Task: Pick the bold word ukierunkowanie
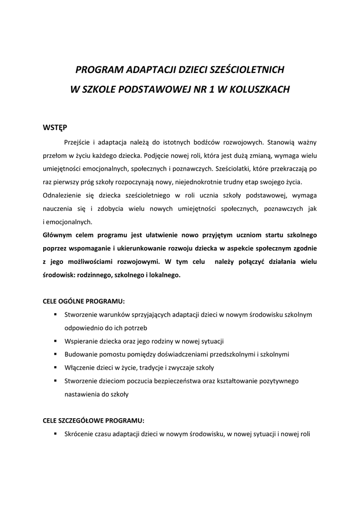tap(138, 248)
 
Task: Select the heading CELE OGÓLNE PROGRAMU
tap(84, 301)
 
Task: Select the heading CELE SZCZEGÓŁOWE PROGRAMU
tap(93, 421)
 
